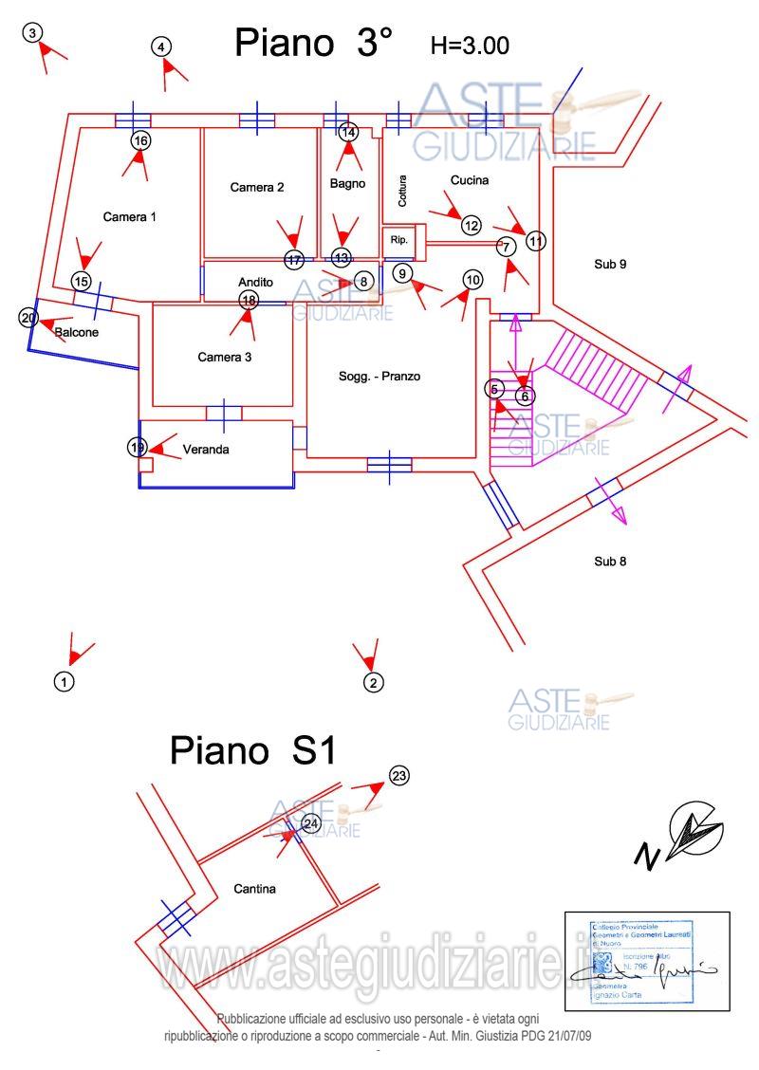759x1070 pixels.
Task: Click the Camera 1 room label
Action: coord(129,217)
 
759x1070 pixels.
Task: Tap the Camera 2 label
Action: coord(257,188)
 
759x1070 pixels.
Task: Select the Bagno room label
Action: coord(348,184)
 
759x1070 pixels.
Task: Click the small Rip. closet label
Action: coord(398,241)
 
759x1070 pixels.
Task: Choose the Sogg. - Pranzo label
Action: coord(379,377)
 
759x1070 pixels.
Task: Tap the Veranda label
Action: coord(206,450)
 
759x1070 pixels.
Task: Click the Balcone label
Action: coord(76,333)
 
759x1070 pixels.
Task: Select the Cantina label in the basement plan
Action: coord(254,890)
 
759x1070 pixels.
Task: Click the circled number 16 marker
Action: coord(140,141)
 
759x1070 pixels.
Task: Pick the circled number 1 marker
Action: coord(64,681)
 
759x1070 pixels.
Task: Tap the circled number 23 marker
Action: coord(399,776)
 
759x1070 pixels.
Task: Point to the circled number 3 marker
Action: coord(33,33)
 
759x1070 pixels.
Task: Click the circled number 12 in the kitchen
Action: coord(472,226)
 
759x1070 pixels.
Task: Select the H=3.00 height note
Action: coord(470,45)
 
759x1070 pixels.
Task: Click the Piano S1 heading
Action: coord(252,750)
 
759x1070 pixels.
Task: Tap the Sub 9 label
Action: coord(610,264)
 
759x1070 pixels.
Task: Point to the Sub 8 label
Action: coord(610,561)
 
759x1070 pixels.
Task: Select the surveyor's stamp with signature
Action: coord(646,959)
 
